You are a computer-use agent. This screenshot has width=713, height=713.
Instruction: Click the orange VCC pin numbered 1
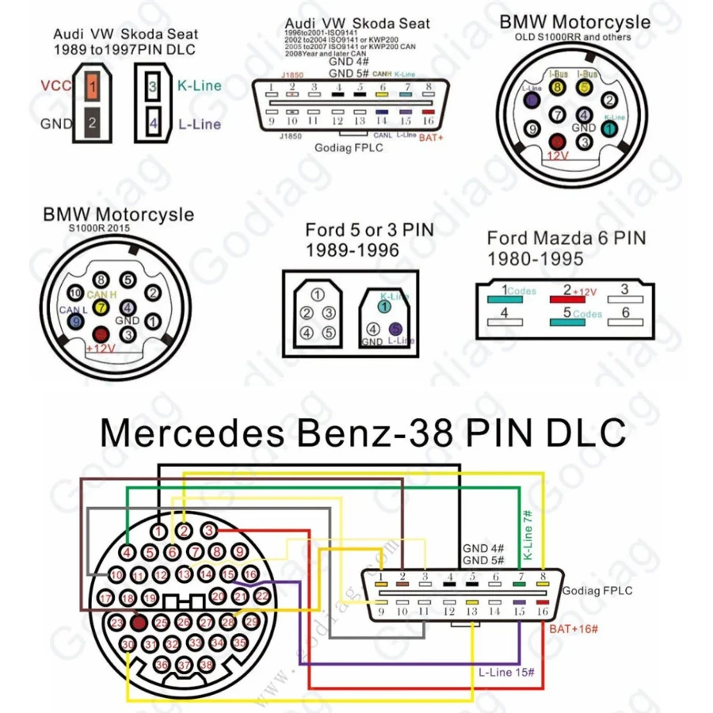click(x=93, y=86)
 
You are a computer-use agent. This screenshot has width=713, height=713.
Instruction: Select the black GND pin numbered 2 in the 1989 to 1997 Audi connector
click(x=93, y=123)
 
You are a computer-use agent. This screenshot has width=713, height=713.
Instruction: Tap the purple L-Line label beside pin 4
click(x=199, y=124)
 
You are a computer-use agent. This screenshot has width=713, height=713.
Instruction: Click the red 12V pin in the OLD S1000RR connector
click(x=558, y=141)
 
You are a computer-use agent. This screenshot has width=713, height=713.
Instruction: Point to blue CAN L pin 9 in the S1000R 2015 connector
click(x=76, y=321)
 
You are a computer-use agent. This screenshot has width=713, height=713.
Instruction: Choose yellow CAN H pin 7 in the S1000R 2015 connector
click(x=101, y=307)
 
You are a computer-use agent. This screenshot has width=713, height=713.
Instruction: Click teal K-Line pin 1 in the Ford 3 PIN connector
click(x=385, y=306)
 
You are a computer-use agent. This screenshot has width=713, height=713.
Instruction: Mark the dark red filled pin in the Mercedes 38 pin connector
click(x=139, y=623)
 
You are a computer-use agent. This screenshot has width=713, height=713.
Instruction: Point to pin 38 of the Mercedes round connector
click(x=207, y=665)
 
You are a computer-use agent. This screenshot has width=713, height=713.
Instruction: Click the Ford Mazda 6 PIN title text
click(x=566, y=238)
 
